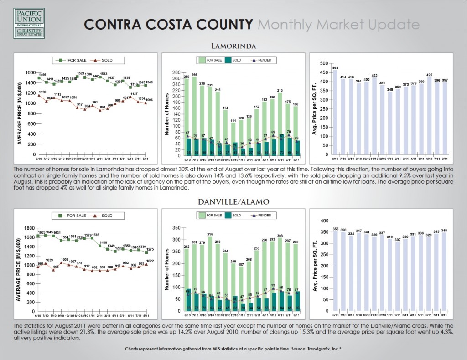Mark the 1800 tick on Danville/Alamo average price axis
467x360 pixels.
(29, 228)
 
